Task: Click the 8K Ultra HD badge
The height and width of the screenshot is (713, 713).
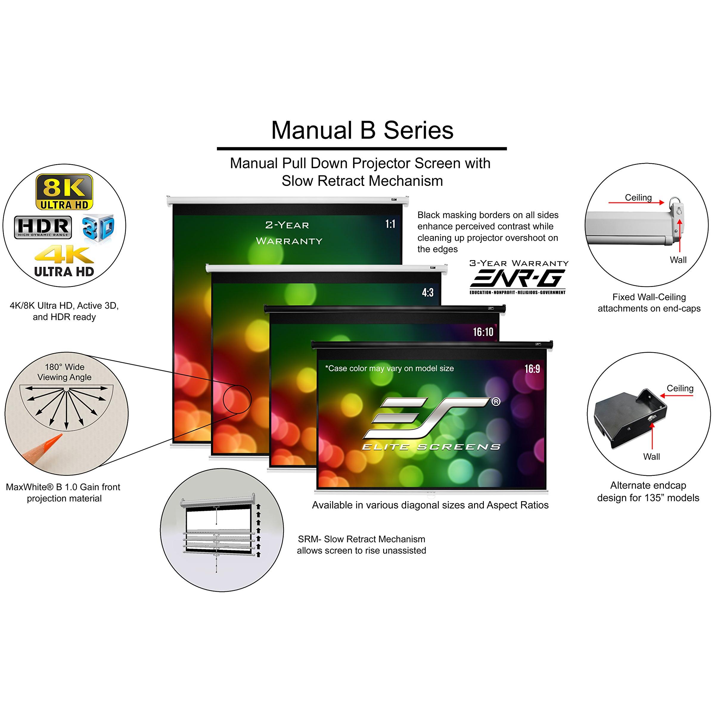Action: click(64, 192)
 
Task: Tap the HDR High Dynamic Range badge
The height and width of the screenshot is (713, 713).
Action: click(43, 227)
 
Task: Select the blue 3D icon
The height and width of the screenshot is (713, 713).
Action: click(98, 228)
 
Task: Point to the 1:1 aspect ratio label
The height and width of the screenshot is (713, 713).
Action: click(390, 224)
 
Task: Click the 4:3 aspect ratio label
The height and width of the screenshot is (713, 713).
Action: click(428, 293)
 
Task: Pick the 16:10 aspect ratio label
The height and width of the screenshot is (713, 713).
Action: click(483, 332)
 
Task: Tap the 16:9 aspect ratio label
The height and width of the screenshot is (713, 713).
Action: click(532, 369)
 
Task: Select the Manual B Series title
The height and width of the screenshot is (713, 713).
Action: click(362, 130)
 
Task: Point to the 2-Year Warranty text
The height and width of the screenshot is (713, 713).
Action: click(289, 233)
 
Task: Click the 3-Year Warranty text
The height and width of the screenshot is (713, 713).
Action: click(519, 263)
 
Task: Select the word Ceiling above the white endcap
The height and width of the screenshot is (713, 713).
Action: click(638, 198)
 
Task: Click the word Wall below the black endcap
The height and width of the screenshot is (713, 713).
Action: click(651, 456)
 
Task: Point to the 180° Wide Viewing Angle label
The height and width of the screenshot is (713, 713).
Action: click(65, 372)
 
